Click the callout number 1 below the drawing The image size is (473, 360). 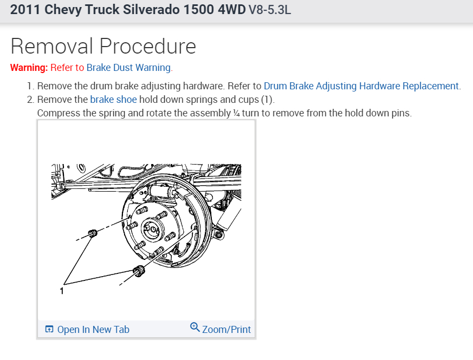click(62, 291)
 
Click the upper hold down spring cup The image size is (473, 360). click(93, 233)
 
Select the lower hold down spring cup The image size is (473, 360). click(139, 271)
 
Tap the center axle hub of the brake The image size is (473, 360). click(153, 229)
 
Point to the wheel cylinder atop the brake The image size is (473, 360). click(161, 191)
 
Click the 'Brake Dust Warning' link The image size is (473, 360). click(128, 68)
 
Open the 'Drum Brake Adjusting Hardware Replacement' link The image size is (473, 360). click(361, 86)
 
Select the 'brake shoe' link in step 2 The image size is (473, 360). click(113, 100)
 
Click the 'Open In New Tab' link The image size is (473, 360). click(93, 330)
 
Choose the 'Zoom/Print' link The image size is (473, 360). click(226, 330)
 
